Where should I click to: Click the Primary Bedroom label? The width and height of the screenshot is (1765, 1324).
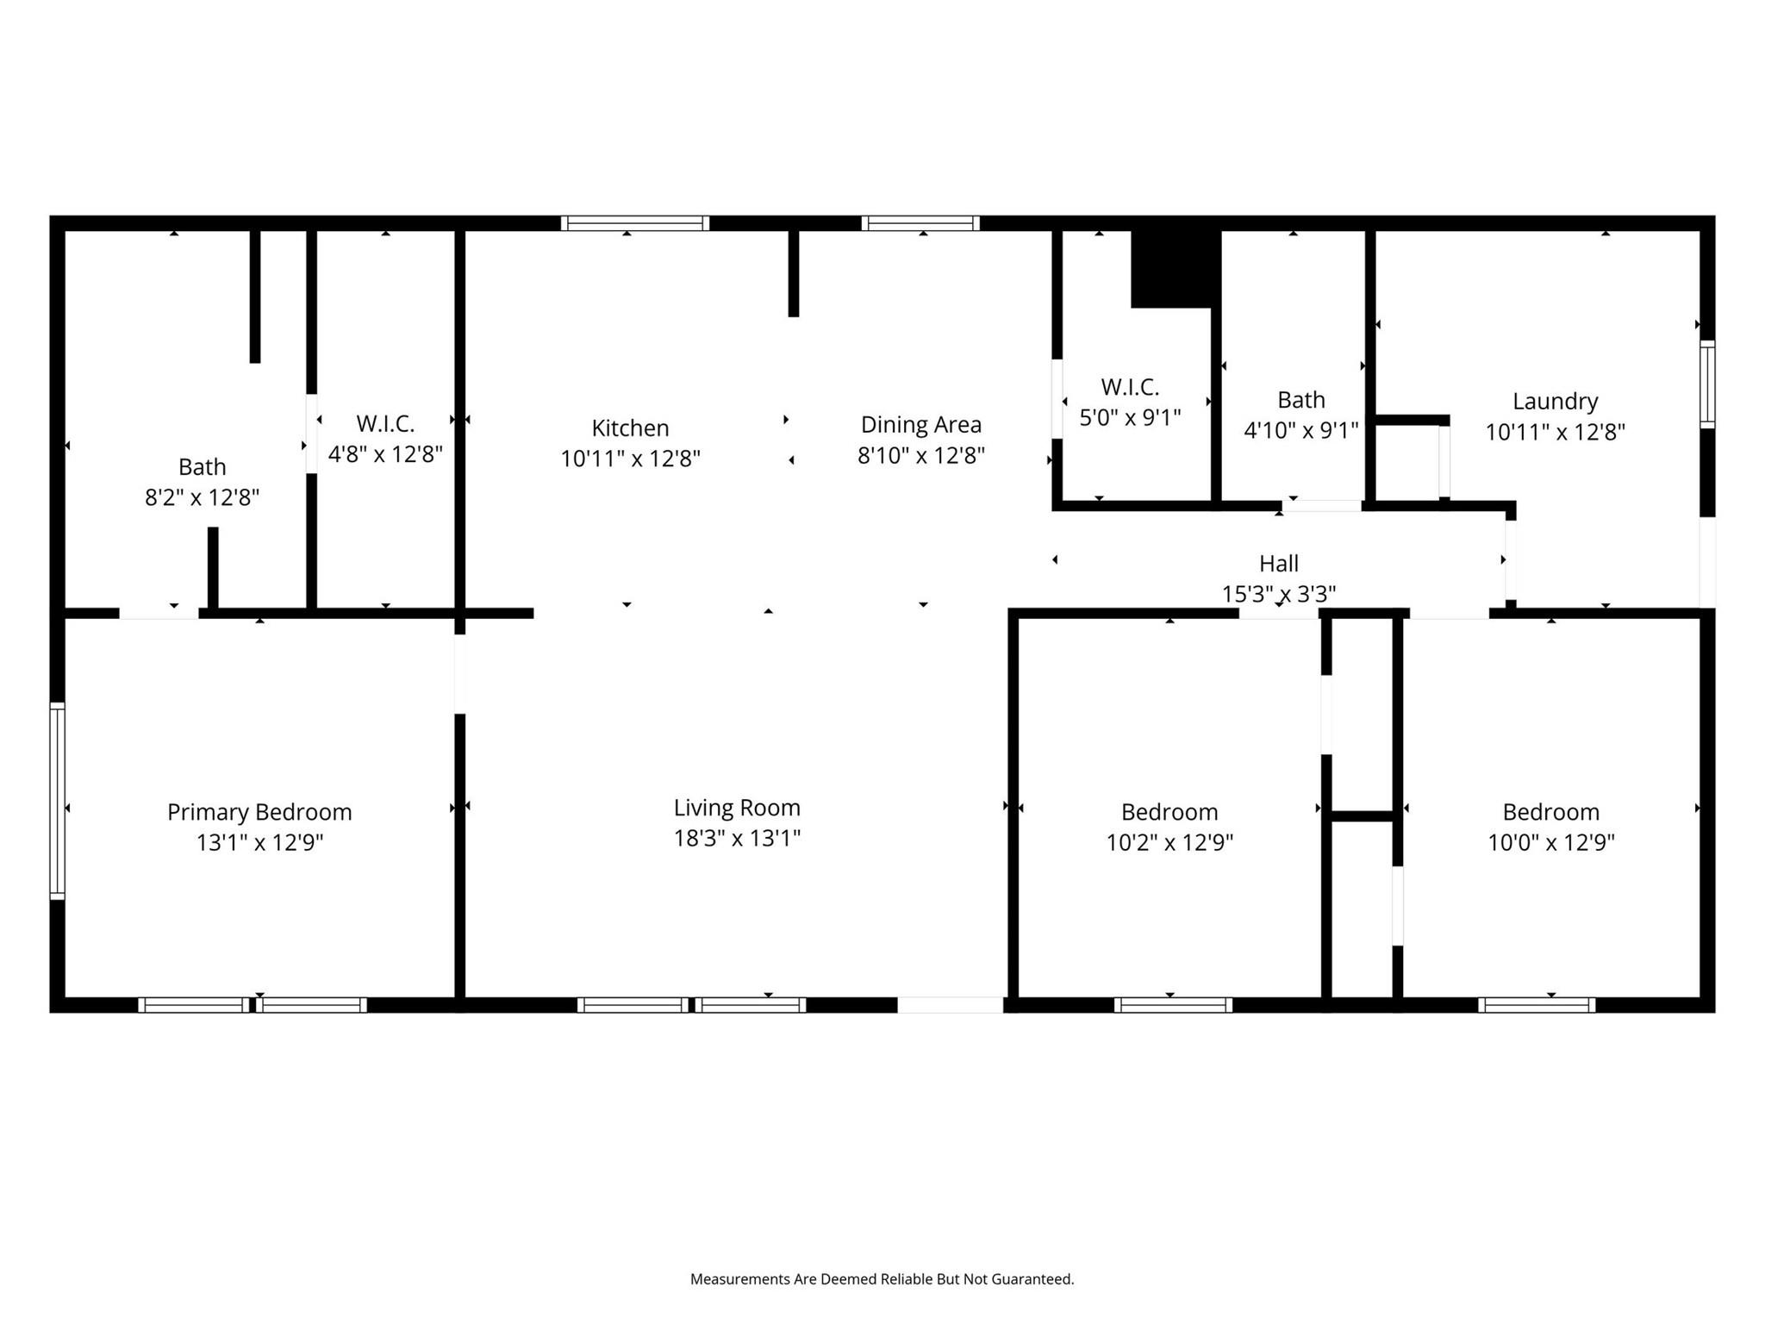(259, 812)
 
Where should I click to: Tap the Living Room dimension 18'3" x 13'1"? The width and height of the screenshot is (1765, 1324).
(737, 838)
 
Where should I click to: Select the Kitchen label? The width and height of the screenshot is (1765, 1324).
(630, 428)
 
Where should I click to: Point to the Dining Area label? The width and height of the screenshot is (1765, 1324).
(920, 425)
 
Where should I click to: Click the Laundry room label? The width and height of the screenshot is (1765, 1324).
(1555, 402)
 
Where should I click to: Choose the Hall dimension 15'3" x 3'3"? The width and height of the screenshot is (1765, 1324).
(1278, 594)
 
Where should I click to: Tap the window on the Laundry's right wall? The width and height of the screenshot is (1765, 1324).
(1706, 384)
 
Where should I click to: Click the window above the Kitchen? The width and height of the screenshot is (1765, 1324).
(635, 223)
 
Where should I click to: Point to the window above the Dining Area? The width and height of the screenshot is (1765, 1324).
(920, 223)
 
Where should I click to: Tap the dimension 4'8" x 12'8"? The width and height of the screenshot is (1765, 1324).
(385, 454)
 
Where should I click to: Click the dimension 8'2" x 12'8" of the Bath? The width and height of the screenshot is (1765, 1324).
(202, 497)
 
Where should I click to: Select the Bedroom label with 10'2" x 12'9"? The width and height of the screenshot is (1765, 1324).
(1169, 812)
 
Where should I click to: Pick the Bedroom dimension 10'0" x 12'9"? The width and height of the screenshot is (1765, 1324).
(1550, 842)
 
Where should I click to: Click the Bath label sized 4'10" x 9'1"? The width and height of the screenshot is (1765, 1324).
(1300, 400)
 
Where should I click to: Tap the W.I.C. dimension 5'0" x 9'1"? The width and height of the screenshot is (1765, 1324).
(1130, 417)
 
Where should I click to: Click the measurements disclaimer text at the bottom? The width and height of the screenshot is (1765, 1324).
(882, 1279)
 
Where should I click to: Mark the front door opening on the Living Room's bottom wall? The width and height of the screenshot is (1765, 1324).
(950, 1005)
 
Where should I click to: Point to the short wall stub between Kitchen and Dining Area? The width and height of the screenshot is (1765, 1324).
(794, 273)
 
